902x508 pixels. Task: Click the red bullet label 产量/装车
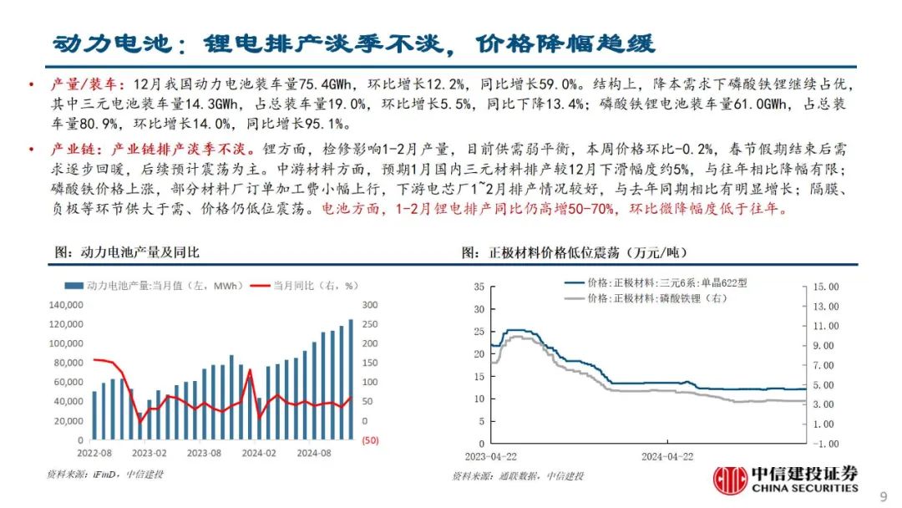point(85,85)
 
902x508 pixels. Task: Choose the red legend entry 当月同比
point(310,286)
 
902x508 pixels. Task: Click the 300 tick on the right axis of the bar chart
point(369,305)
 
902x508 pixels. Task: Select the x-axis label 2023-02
point(149,452)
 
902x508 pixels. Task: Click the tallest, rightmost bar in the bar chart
point(350,379)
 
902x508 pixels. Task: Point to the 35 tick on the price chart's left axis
point(479,287)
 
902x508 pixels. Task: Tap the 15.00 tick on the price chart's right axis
point(825,287)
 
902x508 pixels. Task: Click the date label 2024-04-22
point(667,457)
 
